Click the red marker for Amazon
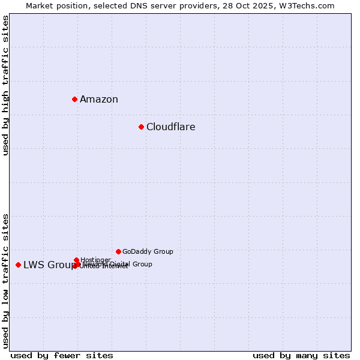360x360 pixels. point(74,99)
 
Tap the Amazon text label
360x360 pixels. point(99,100)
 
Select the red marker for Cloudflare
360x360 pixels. point(141,127)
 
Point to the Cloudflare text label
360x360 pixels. point(171,127)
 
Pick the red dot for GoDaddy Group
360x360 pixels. point(118,251)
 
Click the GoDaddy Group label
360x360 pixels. point(148,252)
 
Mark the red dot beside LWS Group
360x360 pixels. point(18,265)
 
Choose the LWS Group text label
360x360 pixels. point(49,265)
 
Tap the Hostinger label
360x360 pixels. point(95,260)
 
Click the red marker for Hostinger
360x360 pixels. point(76,260)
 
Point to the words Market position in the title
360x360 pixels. point(53,6)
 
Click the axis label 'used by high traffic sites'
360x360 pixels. point(6,85)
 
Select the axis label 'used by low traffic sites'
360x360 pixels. point(6,280)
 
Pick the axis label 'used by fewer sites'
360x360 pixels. point(62,355)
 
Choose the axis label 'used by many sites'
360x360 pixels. point(301,355)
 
